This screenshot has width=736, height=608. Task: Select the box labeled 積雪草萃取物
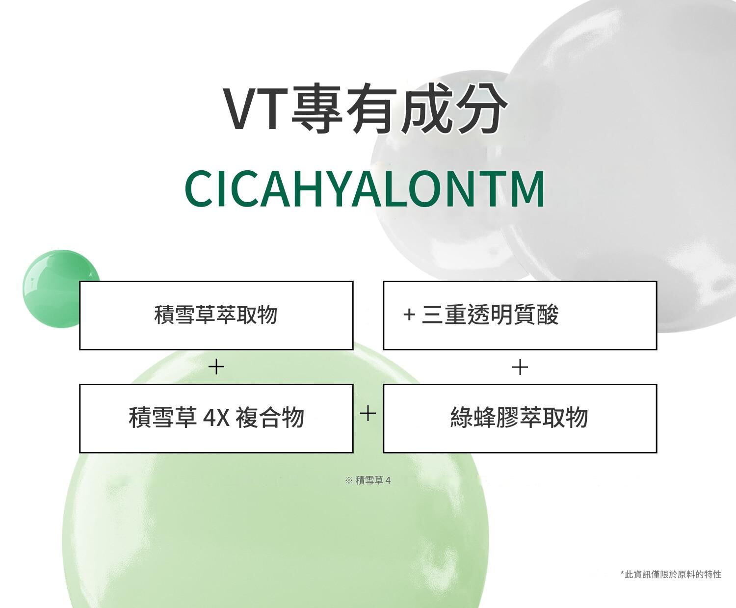[x=216, y=316]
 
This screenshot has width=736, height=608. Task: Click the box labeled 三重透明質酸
[x=520, y=316]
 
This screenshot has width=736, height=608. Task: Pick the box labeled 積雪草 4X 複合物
[x=216, y=419]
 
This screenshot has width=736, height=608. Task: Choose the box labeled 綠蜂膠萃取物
[x=520, y=419]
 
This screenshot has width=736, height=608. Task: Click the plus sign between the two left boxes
[x=216, y=367]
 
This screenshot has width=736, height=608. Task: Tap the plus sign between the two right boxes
[x=520, y=367]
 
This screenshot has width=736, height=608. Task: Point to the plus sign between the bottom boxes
[x=368, y=413]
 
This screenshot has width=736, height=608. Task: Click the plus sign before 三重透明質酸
[x=409, y=315]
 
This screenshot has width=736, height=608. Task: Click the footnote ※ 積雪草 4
[x=368, y=480]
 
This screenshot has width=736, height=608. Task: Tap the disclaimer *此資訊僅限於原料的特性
[x=671, y=575]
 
